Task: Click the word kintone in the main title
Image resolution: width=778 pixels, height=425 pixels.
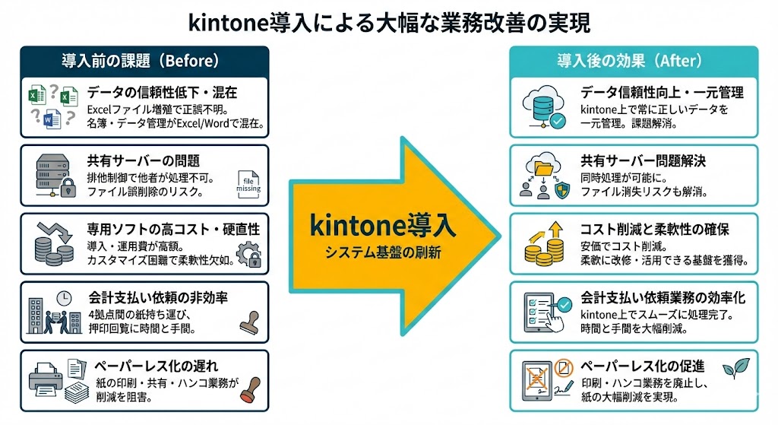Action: (x=228, y=21)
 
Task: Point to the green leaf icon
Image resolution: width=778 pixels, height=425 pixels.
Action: (x=735, y=368)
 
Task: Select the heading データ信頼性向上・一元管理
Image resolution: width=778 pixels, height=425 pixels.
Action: (x=662, y=93)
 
